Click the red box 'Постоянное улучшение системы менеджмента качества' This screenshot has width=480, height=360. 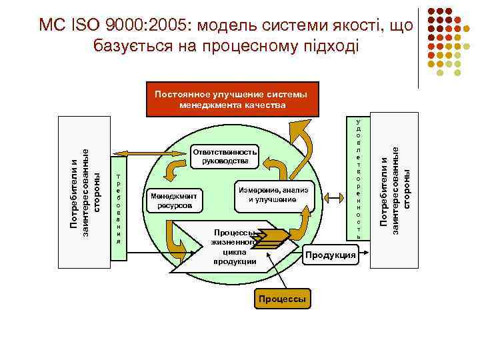230,99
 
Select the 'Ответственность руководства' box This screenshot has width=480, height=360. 224,155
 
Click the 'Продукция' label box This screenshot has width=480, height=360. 330,253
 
